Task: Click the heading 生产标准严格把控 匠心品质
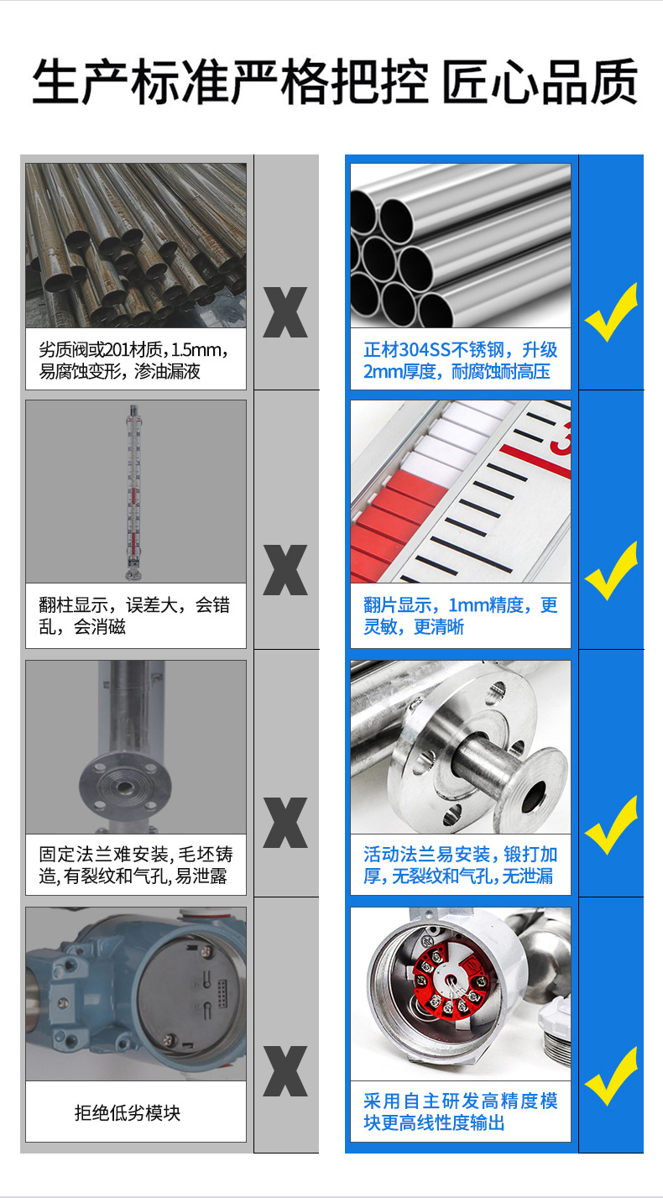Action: [334, 81]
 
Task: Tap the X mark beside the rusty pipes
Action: [285, 312]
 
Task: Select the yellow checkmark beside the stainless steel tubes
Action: [611, 311]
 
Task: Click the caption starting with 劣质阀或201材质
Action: [134, 360]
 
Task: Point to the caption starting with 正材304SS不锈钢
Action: [460, 360]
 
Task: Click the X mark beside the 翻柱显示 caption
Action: [285, 570]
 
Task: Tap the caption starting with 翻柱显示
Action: [134, 615]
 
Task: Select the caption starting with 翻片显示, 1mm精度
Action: [460, 615]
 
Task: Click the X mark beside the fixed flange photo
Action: [285, 822]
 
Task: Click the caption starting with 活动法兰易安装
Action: [460, 866]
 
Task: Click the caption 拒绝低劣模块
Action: [128, 1113]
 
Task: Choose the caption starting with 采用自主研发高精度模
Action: [460, 1112]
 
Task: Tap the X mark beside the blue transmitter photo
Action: [285, 1070]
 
